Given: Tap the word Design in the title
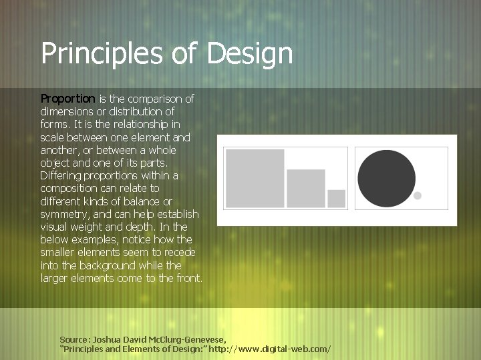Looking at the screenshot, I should (250, 54).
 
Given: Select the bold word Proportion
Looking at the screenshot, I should (68, 99).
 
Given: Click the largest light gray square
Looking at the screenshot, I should (255, 178).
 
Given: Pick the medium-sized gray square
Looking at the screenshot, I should (306, 188).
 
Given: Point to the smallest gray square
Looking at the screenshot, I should (337, 198).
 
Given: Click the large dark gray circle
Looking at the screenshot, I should (386, 178).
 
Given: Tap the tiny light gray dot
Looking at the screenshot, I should (418, 196).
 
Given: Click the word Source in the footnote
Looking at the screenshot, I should (73, 339).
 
